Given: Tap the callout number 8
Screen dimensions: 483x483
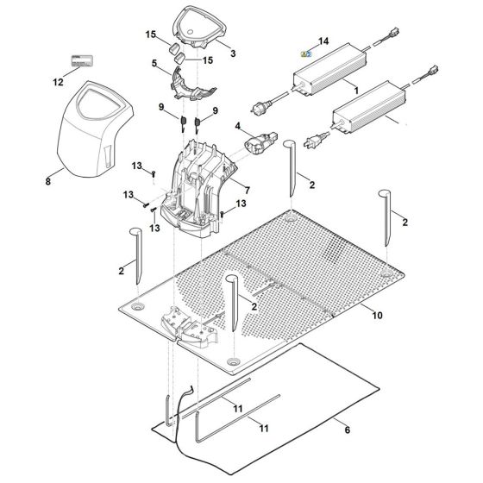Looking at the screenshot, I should pyautogui.click(x=48, y=183).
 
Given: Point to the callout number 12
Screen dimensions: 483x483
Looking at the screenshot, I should pyautogui.click(x=59, y=83).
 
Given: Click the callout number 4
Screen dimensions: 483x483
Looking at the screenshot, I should pyautogui.click(x=238, y=127).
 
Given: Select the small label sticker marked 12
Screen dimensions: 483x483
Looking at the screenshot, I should pyautogui.click(x=78, y=62).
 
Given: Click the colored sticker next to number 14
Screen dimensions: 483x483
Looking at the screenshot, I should pyautogui.click(x=304, y=53).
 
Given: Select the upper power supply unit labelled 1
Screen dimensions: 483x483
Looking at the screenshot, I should pyautogui.click(x=328, y=78).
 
